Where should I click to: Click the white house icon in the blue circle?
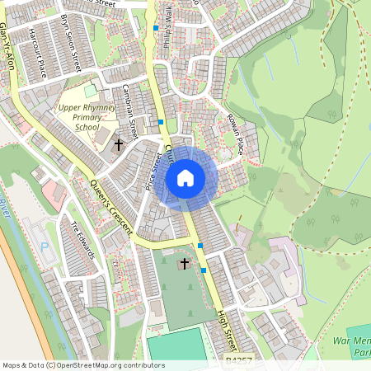click(185, 177)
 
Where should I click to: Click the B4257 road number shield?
click(237, 361)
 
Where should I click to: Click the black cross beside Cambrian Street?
click(118, 145)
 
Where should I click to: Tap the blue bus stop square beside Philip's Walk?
click(156, 29)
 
